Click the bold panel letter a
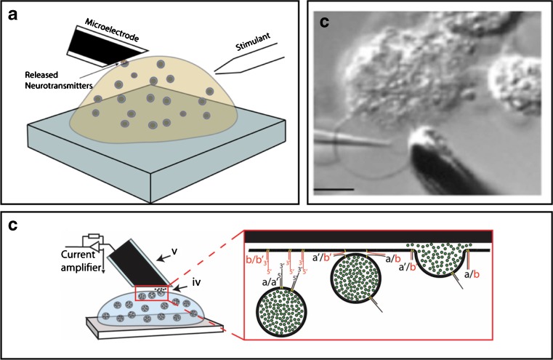[14, 15]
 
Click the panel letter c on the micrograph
[326, 23]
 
